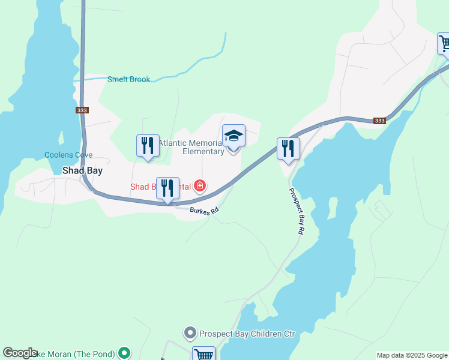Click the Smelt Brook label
[x=128, y=79]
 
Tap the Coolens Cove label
[x=68, y=155]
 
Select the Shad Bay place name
[x=82, y=170]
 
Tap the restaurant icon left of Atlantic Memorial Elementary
[x=148, y=146]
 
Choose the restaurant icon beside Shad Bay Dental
[x=167, y=188]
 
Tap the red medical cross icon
[x=199, y=187]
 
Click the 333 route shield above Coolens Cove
[x=83, y=110]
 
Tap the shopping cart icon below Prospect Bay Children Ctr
[x=203, y=355]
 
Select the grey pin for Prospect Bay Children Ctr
[x=190, y=332]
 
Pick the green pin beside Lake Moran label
[x=124, y=353]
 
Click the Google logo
[x=20, y=353]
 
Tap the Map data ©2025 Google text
[x=411, y=355]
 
